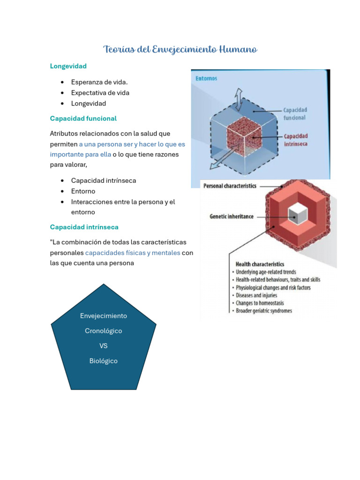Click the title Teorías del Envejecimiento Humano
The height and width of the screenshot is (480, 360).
coord(180,49)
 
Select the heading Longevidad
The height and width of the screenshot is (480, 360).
coord(68,66)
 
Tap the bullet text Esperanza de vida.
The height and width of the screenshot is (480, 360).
coord(99,82)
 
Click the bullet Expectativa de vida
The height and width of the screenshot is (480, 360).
coord(100,93)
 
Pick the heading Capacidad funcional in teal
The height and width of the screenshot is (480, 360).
coord(83,118)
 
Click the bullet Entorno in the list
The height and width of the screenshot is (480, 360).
coord(83,191)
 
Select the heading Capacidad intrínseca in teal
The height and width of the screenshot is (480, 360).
coord(84,227)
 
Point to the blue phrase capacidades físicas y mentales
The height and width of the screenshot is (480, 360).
coord(133,253)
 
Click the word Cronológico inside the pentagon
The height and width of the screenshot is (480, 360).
coord(103,331)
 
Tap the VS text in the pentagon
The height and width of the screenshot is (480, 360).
coord(103,346)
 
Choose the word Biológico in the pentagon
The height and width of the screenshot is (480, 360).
coord(103,361)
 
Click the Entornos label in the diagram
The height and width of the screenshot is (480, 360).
coord(206,78)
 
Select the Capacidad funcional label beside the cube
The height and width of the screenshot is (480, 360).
coord(295,113)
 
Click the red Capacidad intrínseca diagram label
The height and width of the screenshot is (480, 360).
coord(296,140)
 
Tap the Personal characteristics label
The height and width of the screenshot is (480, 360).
coord(230,186)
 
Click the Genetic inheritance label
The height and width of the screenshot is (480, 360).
coord(231,217)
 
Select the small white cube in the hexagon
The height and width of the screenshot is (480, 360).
coord(298,215)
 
